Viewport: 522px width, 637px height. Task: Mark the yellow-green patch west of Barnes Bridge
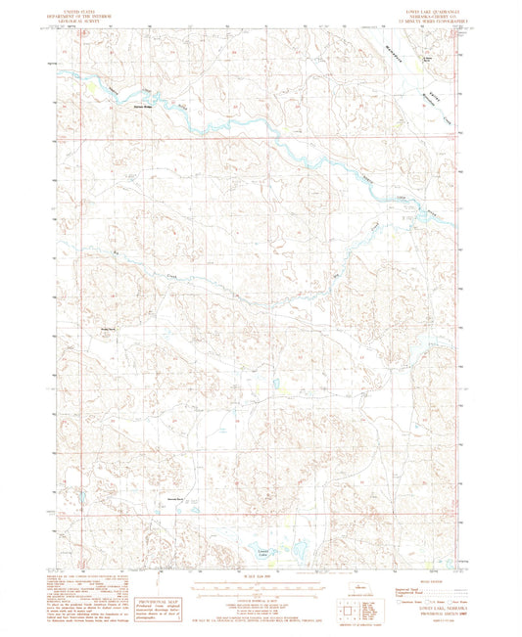(x=91, y=87)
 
